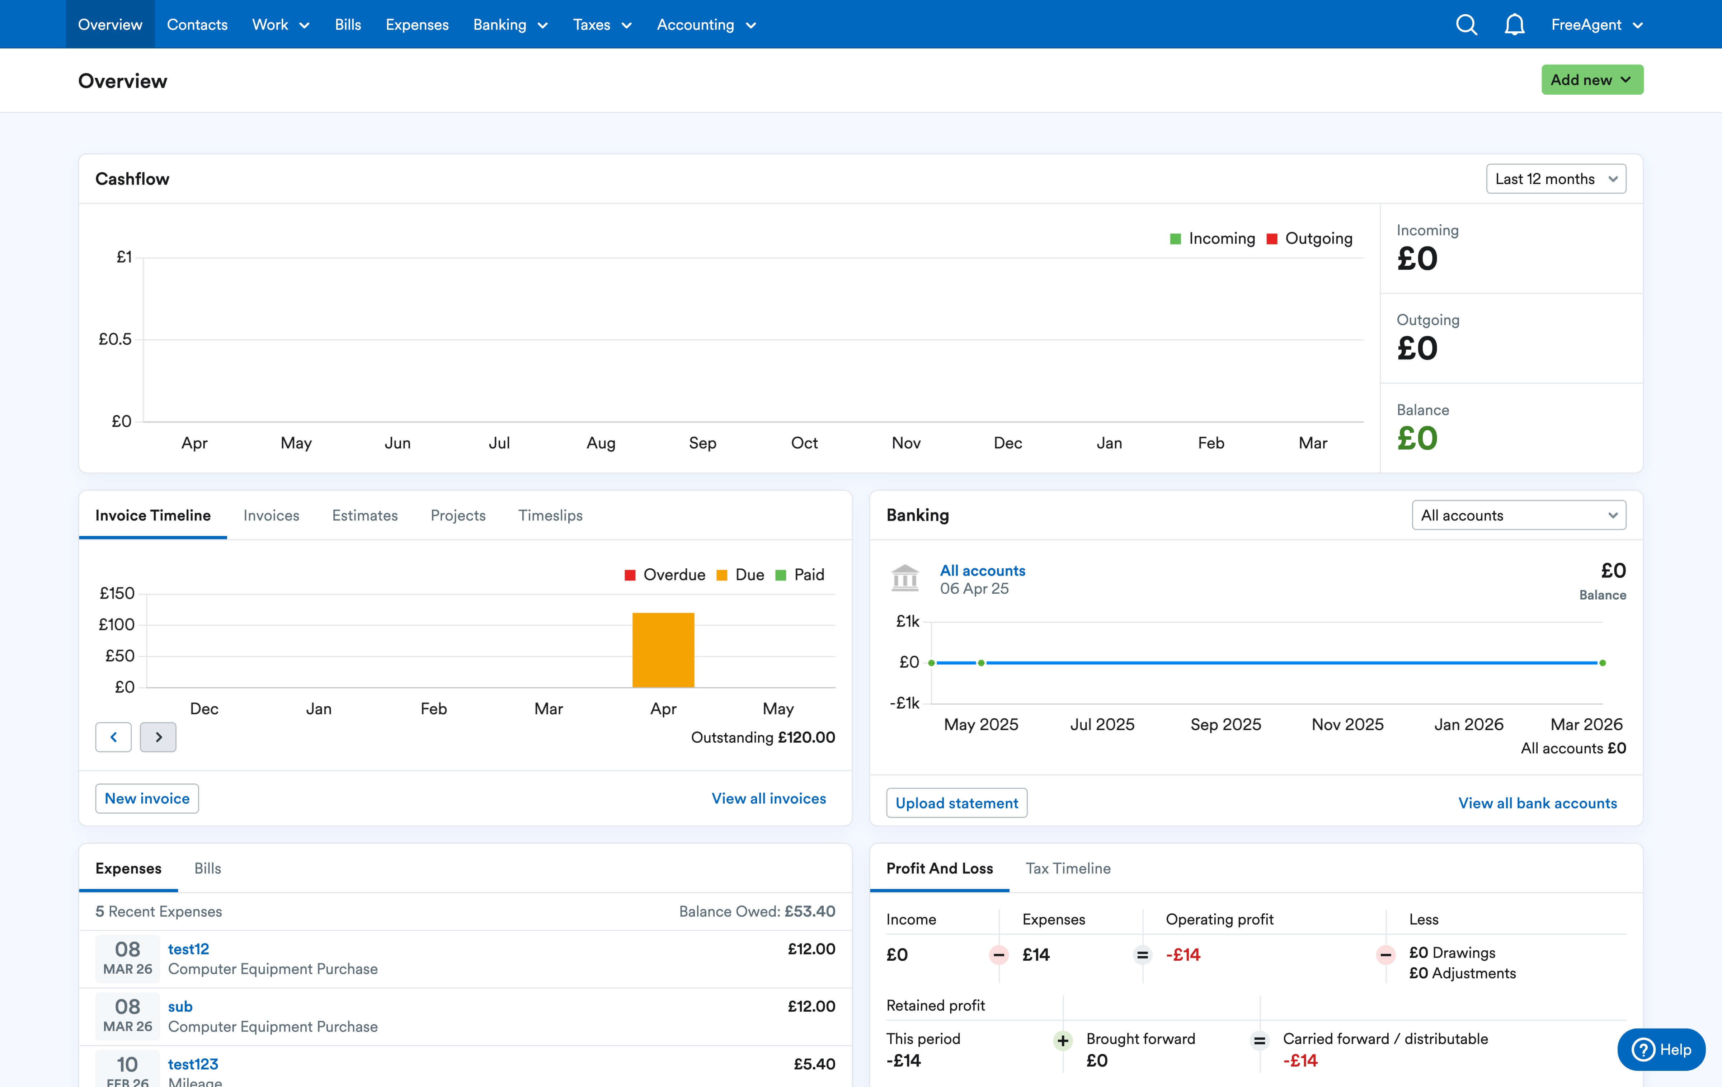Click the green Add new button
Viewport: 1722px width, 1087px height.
(x=1591, y=80)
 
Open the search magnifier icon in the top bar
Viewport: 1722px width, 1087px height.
(x=1466, y=25)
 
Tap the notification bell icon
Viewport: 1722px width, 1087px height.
(x=1514, y=25)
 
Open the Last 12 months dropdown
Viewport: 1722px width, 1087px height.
(x=1556, y=179)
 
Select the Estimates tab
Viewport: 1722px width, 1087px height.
(x=365, y=516)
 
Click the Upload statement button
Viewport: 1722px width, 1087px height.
(x=956, y=803)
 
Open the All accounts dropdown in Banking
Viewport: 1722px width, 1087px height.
(x=1518, y=516)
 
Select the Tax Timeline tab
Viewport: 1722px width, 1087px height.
(x=1068, y=868)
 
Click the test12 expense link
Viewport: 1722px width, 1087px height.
(x=188, y=949)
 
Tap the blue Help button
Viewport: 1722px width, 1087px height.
(x=1661, y=1049)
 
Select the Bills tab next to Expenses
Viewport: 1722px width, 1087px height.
(x=207, y=868)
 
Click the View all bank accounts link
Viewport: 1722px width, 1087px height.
(x=1537, y=803)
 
